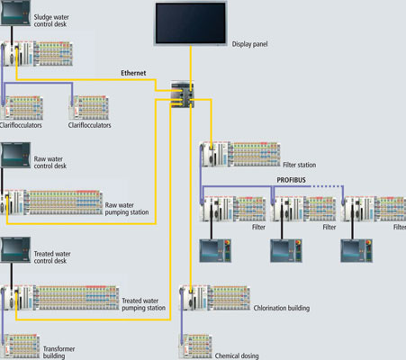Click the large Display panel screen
tap(191, 23)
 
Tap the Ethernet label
tap(133, 73)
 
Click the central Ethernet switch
tap(182, 94)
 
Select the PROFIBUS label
tap(291, 180)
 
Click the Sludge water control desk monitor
tap(15, 13)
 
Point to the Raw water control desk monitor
tap(15, 155)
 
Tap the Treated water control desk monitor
tap(15, 250)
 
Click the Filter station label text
tap(300, 165)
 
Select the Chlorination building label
tap(282, 308)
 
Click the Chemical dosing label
tap(237, 355)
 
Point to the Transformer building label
tap(59, 352)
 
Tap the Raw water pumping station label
tap(127, 209)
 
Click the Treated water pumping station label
tap(143, 304)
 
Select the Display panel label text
tap(249, 44)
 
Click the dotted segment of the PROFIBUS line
tap(327, 186)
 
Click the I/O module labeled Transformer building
tap(20, 346)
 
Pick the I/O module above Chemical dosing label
tap(195, 346)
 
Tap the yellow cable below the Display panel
tap(191, 65)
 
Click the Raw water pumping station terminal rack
tap(51, 202)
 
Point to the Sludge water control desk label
tap(51, 21)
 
